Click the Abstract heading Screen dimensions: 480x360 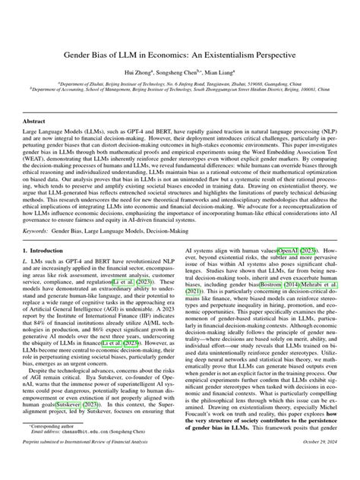click(35, 122)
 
